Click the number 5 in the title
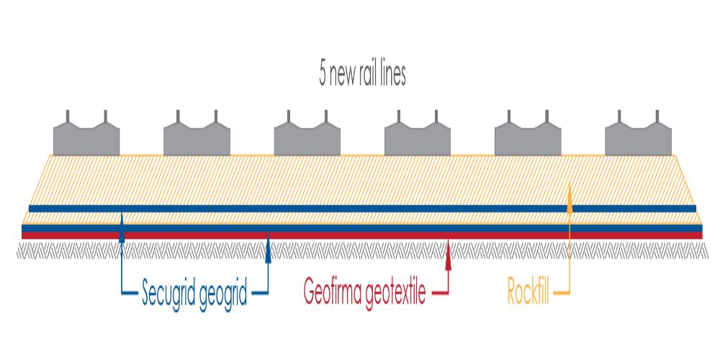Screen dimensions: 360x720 pyautogui.click(x=323, y=75)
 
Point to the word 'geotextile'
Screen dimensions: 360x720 pyautogui.click(x=396, y=294)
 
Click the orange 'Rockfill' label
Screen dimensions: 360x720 pyautogui.click(x=531, y=294)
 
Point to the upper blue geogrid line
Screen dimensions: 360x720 pyautogui.click(x=360, y=209)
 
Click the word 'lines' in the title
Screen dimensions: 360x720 pyautogui.click(x=393, y=75)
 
